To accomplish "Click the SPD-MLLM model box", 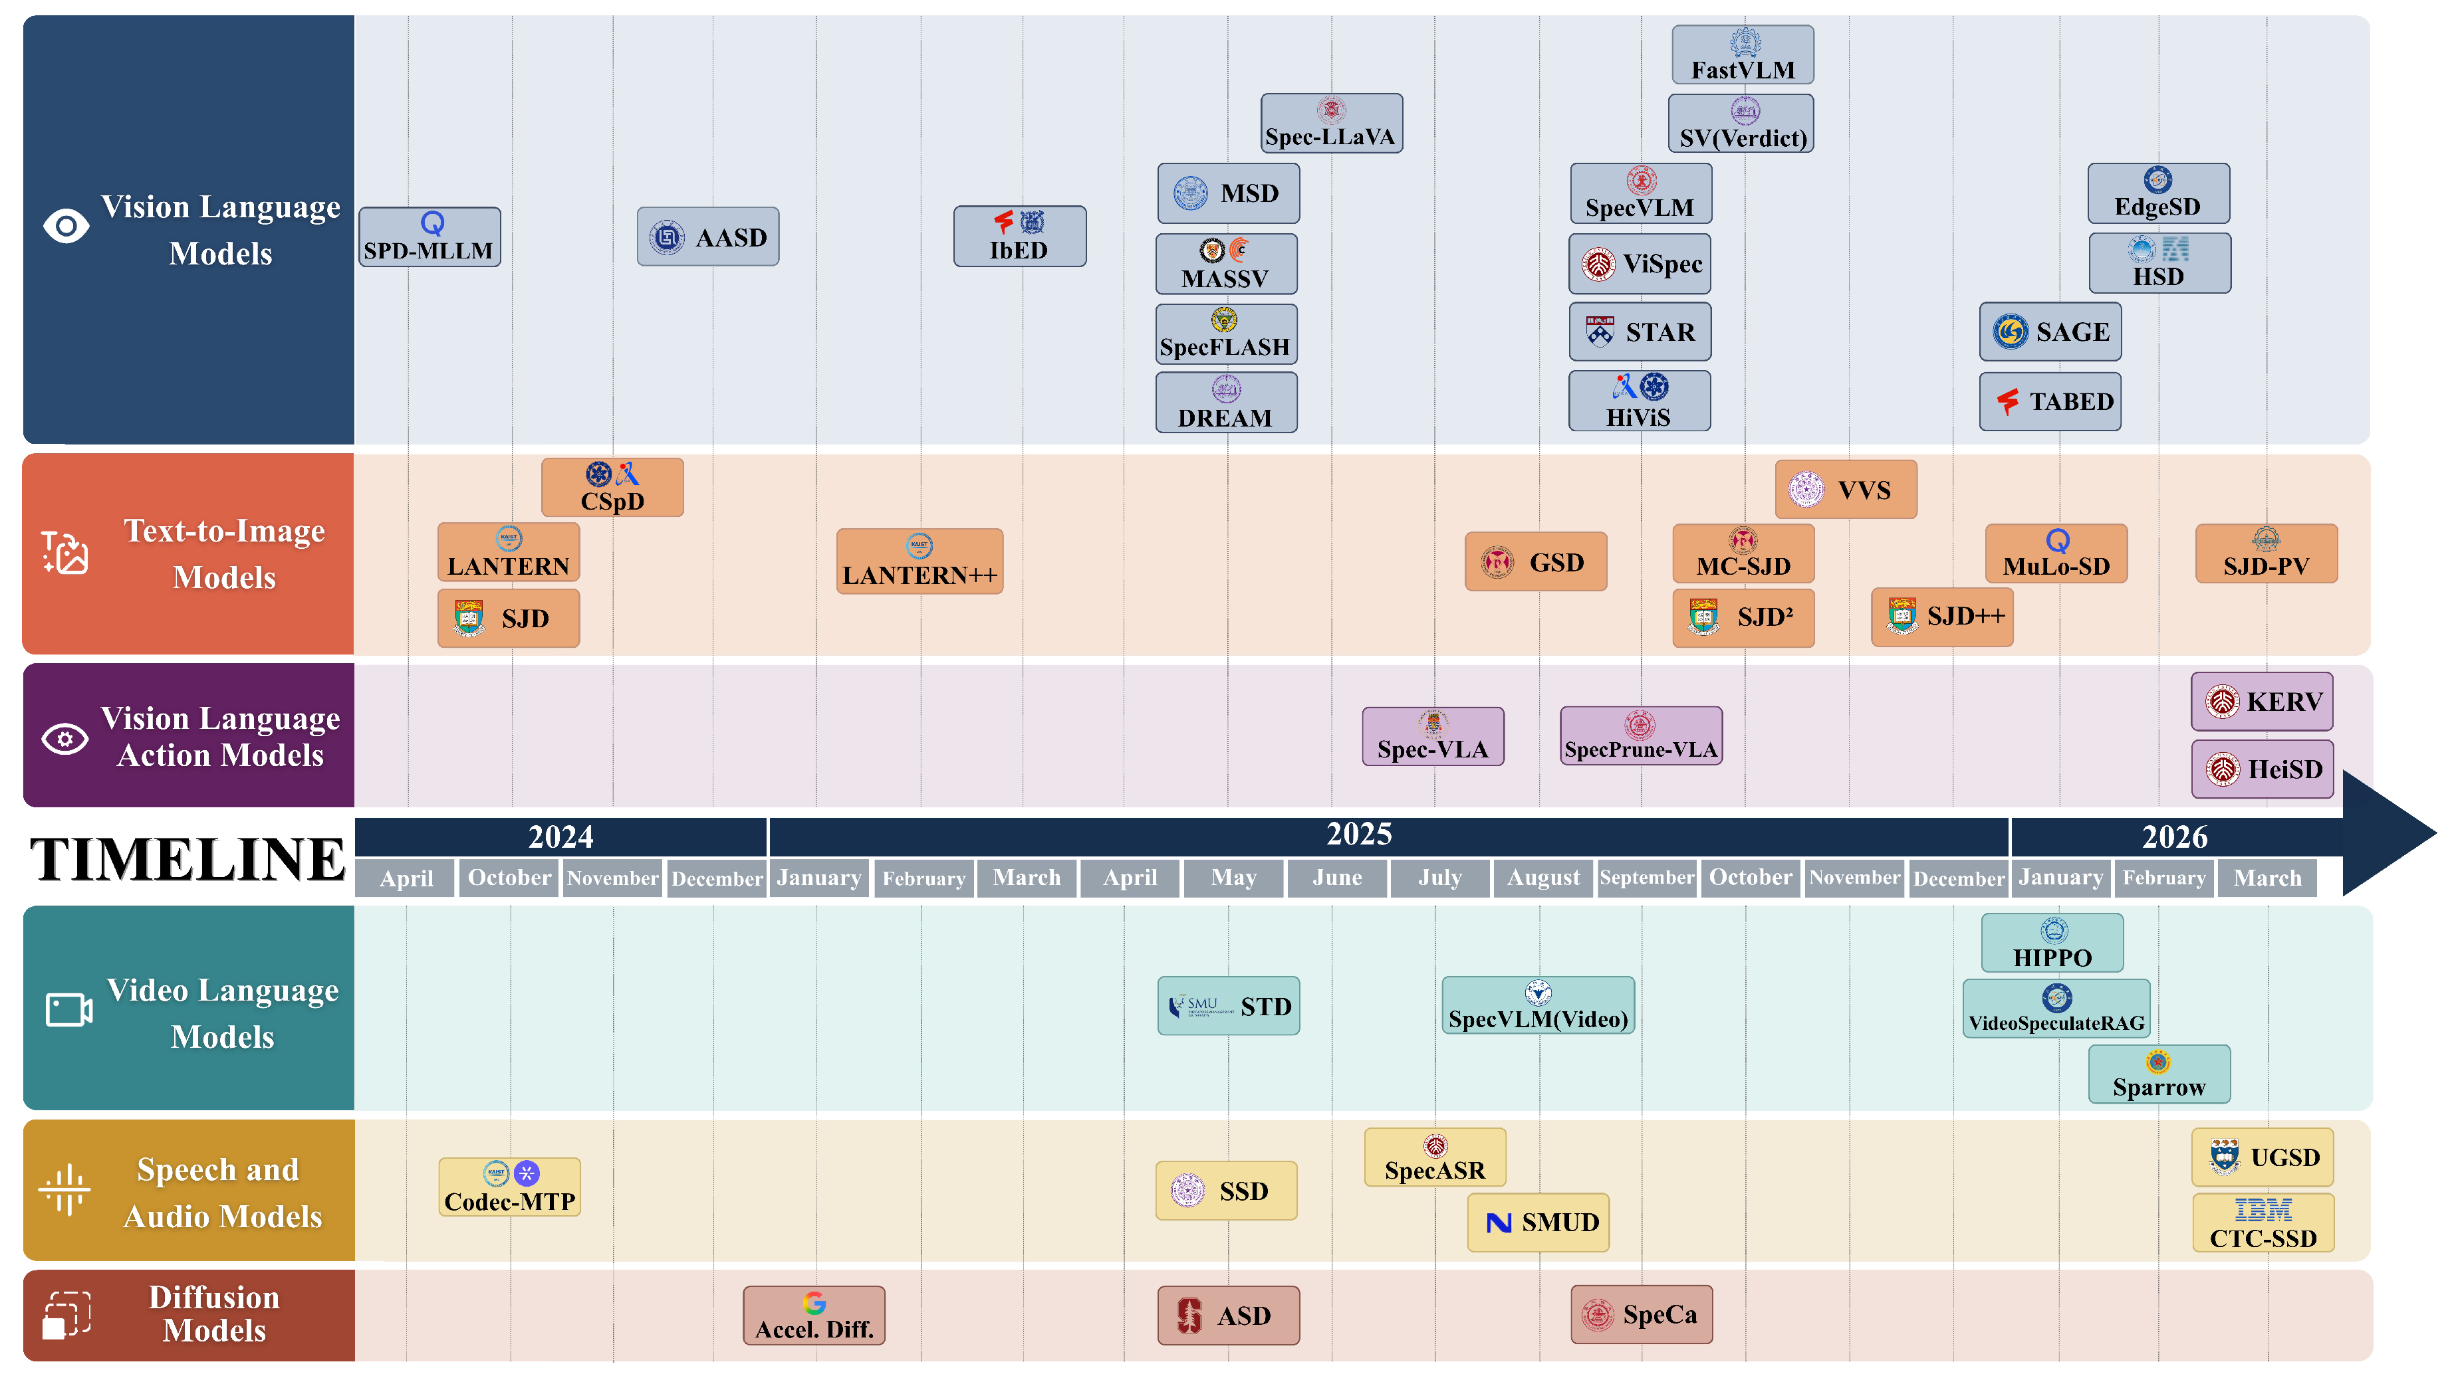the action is [x=429, y=237].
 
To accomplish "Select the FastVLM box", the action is [x=1743, y=54].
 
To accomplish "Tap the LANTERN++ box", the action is [x=919, y=561].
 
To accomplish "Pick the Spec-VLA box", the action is [x=1433, y=736].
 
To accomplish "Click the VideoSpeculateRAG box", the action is [x=2056, y=1008].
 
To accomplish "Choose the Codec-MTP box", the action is [x=509, y=1187].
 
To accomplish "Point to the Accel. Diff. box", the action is [x=814, y=1315].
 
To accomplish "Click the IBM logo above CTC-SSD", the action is [x=2263, y=1211].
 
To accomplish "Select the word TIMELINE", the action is [x=187, y=858].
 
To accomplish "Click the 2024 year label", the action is [x=560, y=837].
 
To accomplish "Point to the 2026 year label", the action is [x=2175, y=837].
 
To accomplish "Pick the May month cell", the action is [x=1234, y=878].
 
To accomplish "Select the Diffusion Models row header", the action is [x=189, y=1315].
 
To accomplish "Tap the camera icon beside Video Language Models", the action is [x=68, y=1010].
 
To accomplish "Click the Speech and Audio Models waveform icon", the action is [x=65, y=1189].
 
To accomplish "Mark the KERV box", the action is [x=2263, y=702].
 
